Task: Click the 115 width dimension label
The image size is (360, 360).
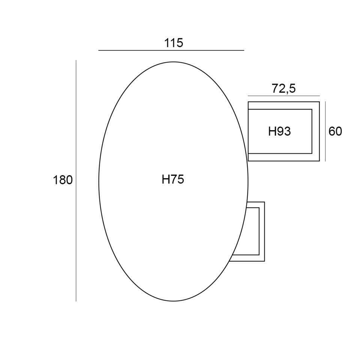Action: [x=174, y=43]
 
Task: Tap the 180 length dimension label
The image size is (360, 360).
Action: [x=63, y=180]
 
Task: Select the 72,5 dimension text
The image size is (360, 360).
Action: [x=284, y=88]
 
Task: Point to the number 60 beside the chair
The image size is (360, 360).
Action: [x=335, y=131]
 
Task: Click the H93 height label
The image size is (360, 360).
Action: [x=279, y=132]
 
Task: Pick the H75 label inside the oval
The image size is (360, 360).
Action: [x=173, y=179]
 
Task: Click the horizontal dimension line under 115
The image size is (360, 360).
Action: [x=171, y=50]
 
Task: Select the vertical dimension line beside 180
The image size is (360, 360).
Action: [x=76, y=181]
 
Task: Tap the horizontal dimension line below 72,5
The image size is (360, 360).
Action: [x=284, y=96]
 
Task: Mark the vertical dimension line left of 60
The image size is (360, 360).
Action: [x=325, y=131]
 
